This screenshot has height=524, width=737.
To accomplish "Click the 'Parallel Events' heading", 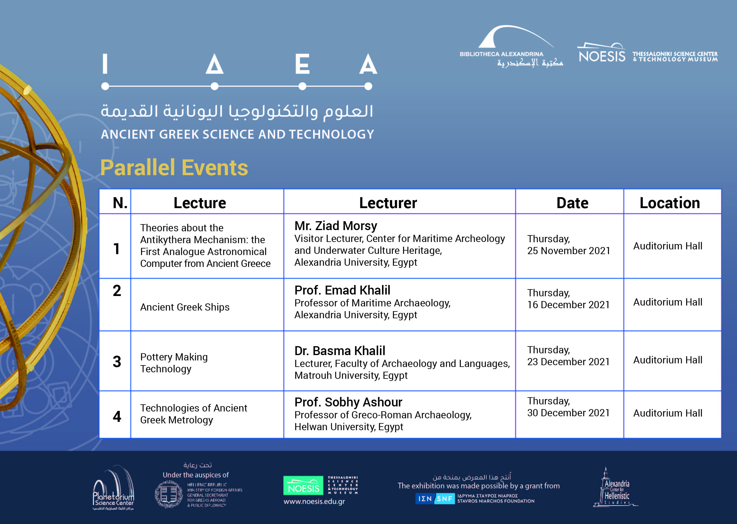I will click(x=174, y=168).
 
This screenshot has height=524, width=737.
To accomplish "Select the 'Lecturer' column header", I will click(x=388, y=203).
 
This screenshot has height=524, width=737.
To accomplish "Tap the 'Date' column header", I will click(x=572, y=203).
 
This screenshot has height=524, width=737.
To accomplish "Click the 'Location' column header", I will click(x=670, y=203).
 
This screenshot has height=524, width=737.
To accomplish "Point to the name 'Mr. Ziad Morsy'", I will click(x=335, y=226).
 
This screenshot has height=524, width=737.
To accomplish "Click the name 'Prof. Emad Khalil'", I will click(x=342, y=290).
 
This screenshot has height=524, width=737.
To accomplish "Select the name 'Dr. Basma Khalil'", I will click(x=340, y=351).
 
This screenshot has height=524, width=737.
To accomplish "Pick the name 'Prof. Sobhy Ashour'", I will click(x=348, y=402).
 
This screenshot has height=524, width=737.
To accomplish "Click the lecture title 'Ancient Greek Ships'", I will click(x=185, y=307).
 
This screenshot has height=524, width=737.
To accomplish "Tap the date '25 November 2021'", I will click(x=569, y=251).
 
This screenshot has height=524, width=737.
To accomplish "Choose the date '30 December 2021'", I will click(x=568, y=413).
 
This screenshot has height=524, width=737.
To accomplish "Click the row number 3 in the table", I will click(x=117, y=362).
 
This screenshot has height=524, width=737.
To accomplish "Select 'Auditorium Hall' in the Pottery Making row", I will click(x=667, y=360).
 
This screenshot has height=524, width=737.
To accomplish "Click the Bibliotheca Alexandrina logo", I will click(x=511, y=47).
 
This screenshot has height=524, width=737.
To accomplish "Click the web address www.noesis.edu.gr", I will click(x=314, y=502).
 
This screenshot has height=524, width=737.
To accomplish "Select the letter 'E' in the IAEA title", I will click(x=302, y=64).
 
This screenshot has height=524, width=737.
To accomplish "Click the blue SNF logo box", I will click(x=435, y=499).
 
